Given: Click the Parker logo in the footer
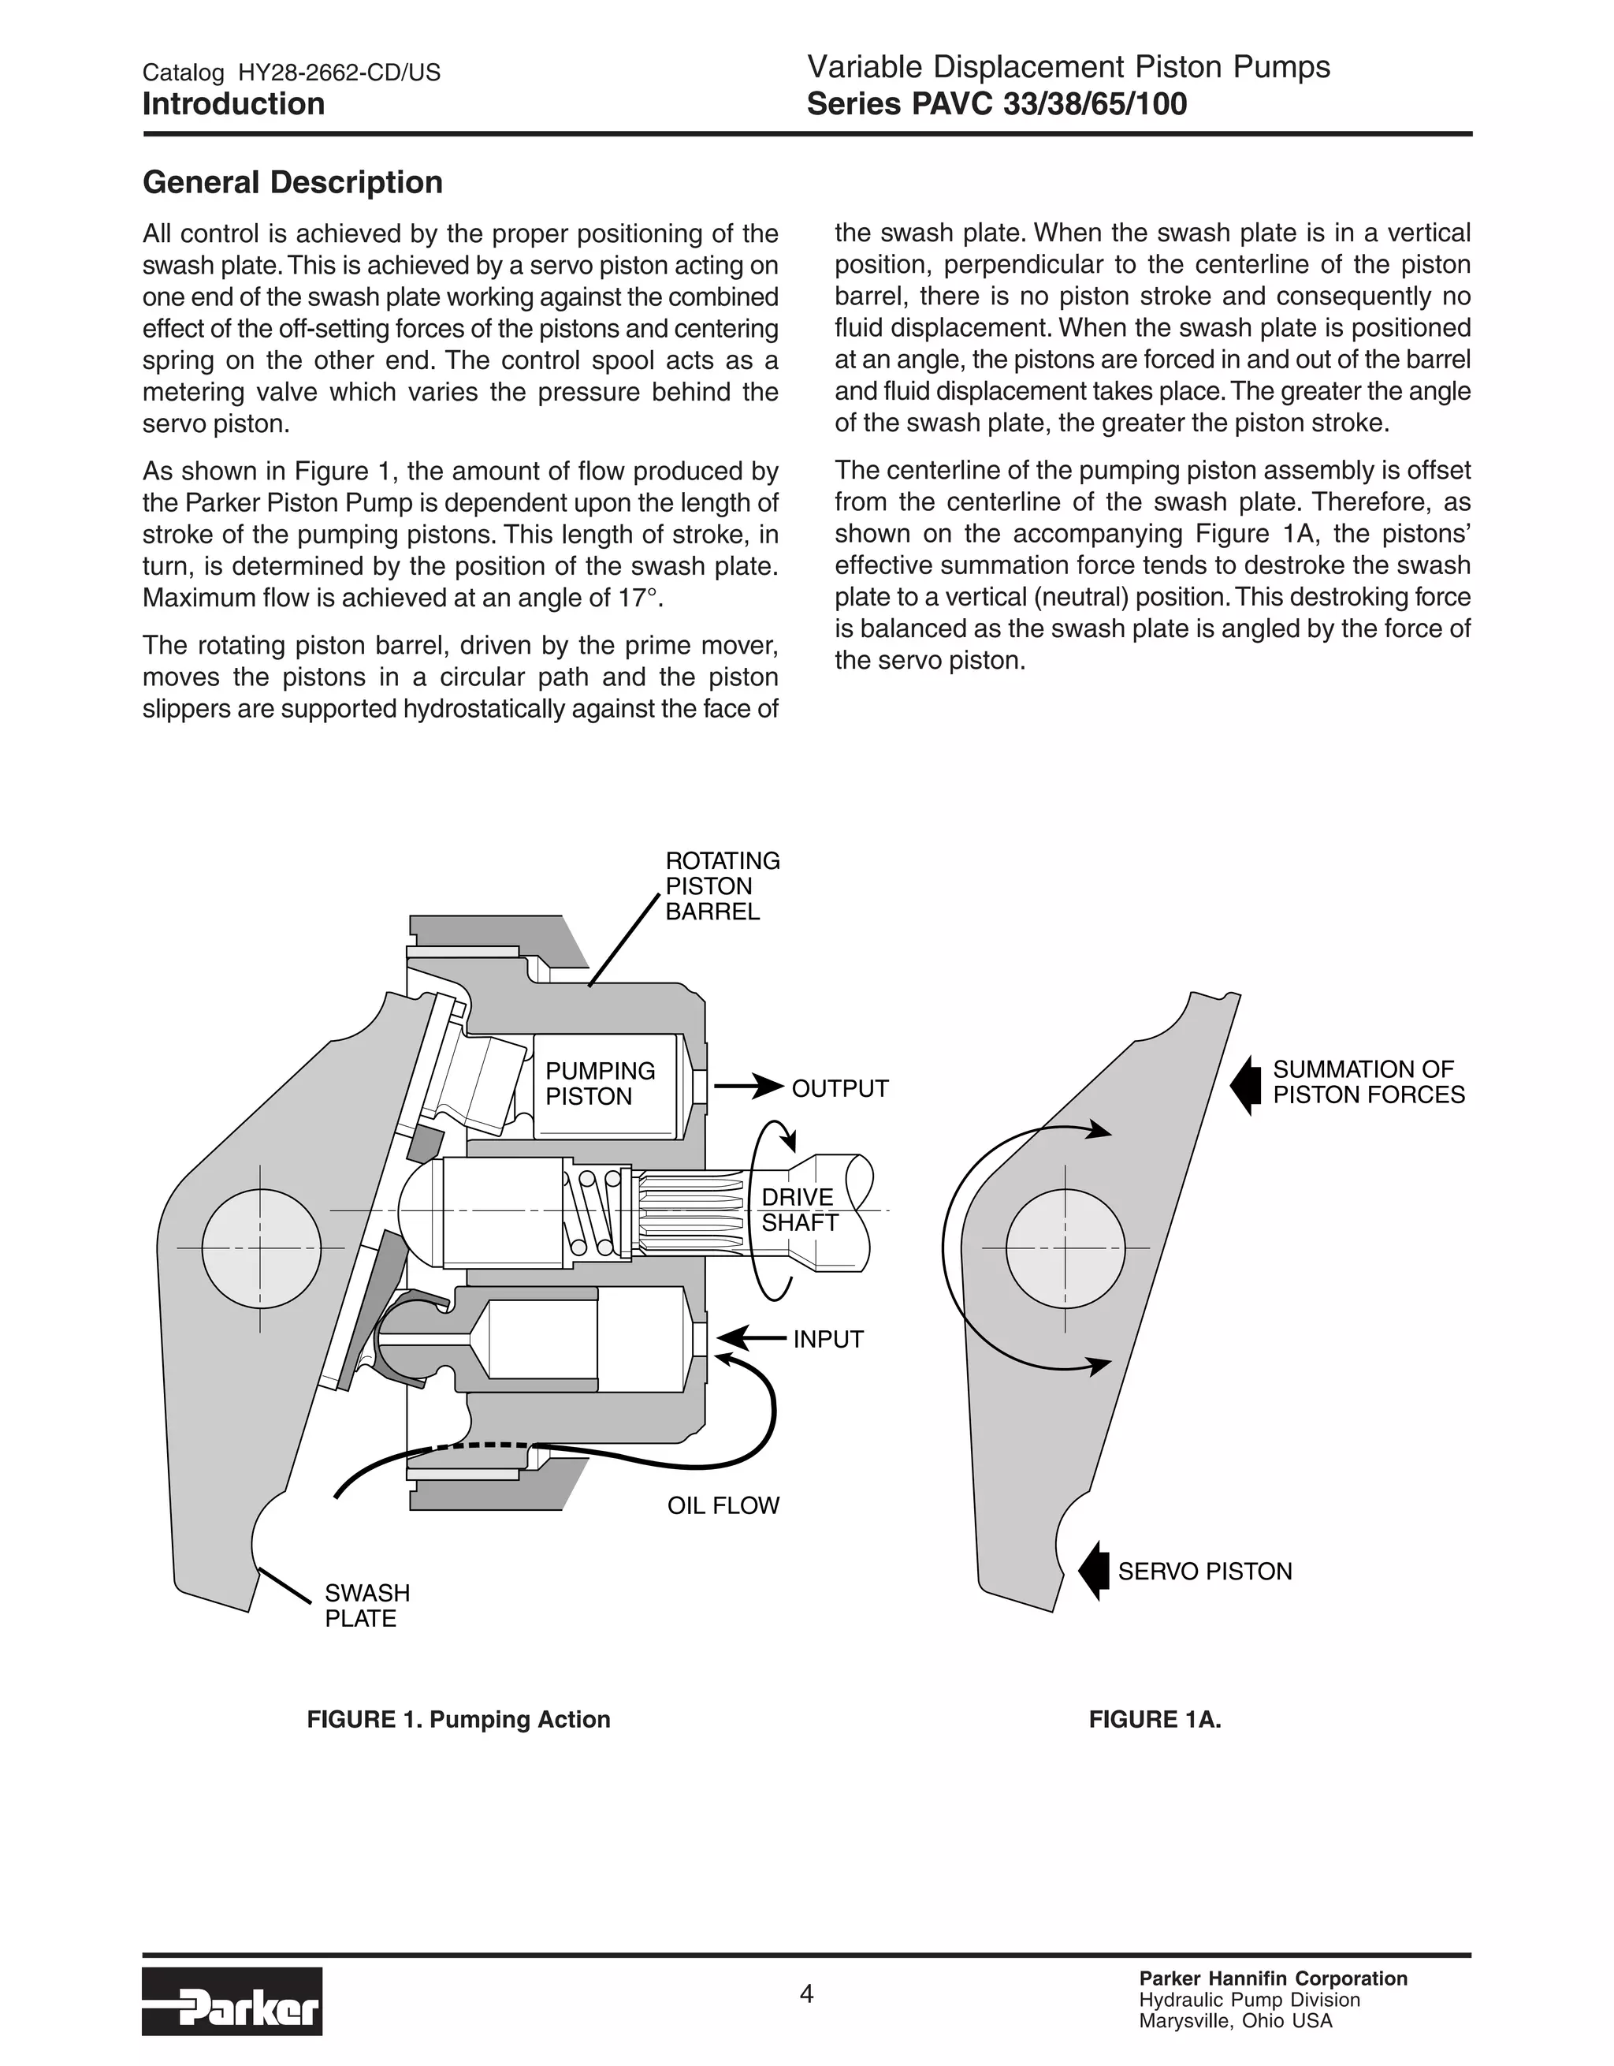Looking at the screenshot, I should (x=232, y=2001).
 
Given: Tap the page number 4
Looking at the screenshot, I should (x=806, y=1994).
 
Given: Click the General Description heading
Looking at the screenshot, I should (x=292, y=183).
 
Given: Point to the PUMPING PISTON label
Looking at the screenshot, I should (x=600, y=1083).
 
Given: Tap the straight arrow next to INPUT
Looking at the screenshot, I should (x=752, y=1337).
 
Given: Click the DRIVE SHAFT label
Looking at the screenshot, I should (x=799, y=1210).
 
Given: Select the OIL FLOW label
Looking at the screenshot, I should (x=723, y=1505).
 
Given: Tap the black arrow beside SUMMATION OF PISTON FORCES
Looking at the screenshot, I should (x=1246, y=1085).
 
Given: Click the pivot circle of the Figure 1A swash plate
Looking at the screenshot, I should (x=1065, y=1249).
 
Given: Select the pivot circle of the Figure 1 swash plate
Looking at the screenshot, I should (x=262, y=1249).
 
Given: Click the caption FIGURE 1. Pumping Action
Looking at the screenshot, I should (x=459, y=1719).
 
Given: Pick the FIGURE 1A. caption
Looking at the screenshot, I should (x=1155, y=1719).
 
